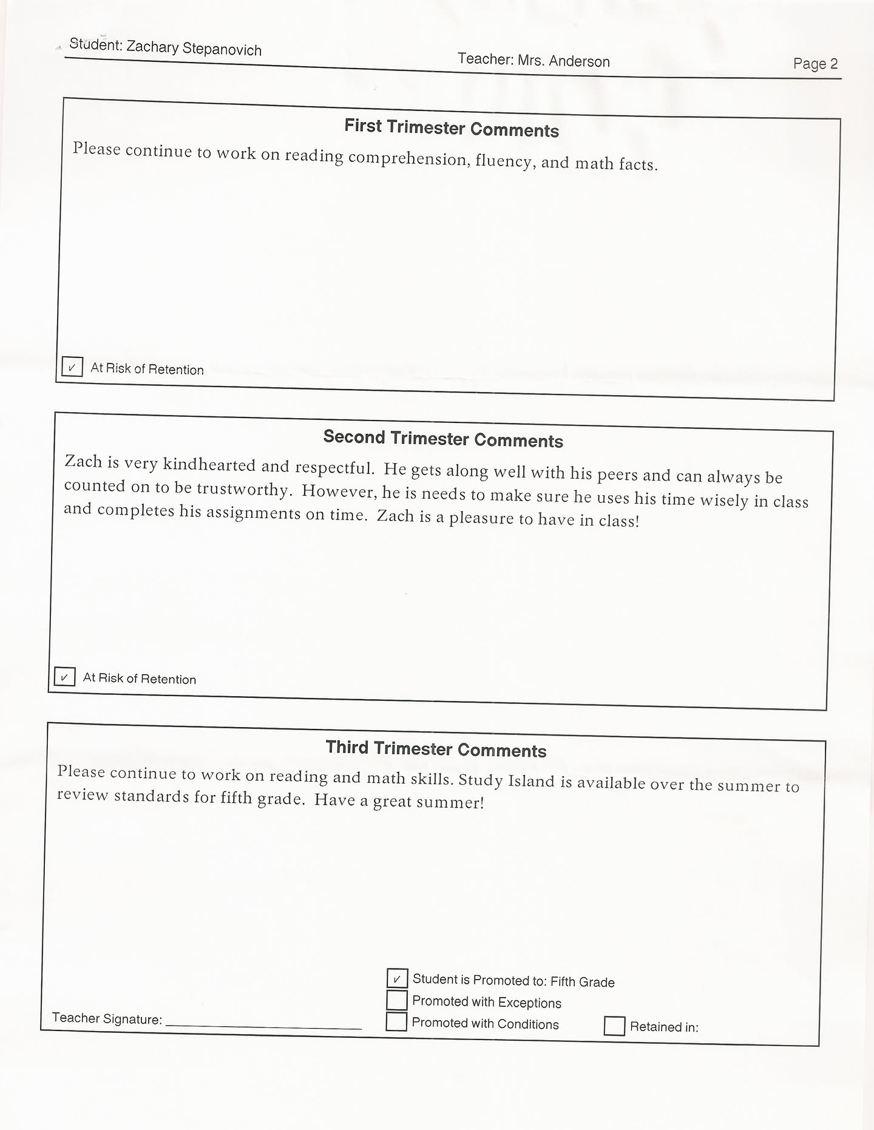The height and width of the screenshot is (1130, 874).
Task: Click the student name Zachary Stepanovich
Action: (194, 48)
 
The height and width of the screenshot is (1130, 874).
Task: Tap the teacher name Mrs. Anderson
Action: (563, 61)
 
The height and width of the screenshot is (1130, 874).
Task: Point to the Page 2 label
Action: (815, 64)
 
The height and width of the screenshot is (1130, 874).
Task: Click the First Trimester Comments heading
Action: (452, 128)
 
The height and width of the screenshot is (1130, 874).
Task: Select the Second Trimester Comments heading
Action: (443, 439)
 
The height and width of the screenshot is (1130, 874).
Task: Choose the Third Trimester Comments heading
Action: (436, 749)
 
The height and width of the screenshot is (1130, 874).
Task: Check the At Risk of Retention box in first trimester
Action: (72, 367)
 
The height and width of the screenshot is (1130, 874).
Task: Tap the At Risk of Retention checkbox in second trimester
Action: (64, 677)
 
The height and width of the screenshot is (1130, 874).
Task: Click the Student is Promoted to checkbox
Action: (397, 978)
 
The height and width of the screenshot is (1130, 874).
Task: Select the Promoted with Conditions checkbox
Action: (396, 1021)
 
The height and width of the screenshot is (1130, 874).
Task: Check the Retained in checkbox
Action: (614, 1026)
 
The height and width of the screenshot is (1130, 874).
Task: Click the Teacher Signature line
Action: (263, 1024)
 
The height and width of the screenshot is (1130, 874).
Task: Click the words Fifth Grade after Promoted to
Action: (583, 982)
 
